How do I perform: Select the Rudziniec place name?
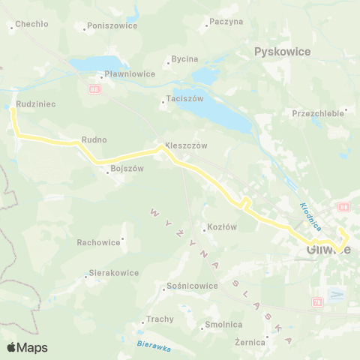pos(34,104)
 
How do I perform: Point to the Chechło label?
pos(32,24)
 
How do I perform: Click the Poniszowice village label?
pos(112,25)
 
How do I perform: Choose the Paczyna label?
pos(227,22)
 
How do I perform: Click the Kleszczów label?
pos(186,145)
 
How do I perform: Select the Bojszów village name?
pos(127,169)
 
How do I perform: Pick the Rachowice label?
pos(98,242)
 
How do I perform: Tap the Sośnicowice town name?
pos(192,286)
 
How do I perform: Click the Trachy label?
pos(160,319)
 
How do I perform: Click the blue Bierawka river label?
pos(154,346)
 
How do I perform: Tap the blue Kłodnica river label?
pos(310,215)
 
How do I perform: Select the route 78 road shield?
pos(317,301)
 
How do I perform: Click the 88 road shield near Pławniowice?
pos(94,89)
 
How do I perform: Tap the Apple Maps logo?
pos(27,347)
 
